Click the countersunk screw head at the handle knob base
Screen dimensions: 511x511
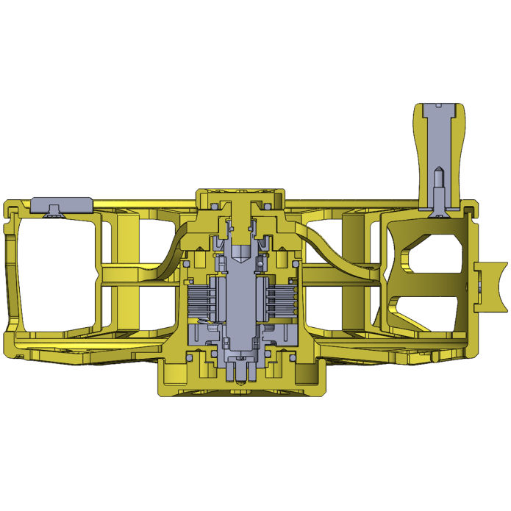(x=440, y=208)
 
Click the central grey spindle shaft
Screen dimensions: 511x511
(x=241, y=294)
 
